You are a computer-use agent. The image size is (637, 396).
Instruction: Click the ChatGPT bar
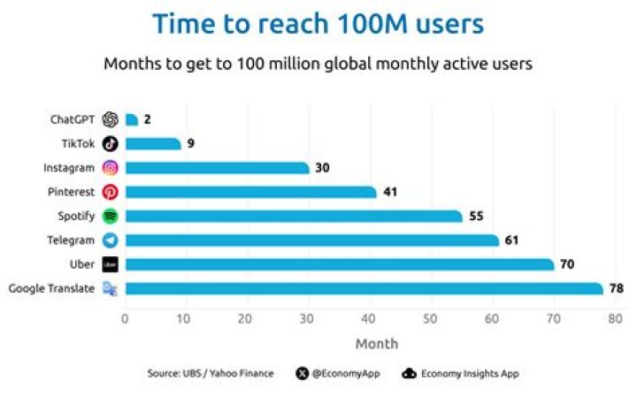tap(132, 120)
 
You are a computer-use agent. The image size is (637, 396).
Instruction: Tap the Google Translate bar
tap(364, 288)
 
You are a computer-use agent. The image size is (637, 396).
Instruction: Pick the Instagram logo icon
tap(111, 168)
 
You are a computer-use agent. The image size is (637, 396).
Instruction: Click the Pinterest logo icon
tap(111, 192)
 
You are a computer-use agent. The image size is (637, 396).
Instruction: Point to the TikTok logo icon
tap(111, 144)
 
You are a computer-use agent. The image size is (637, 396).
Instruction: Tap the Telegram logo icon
tap(111, 240)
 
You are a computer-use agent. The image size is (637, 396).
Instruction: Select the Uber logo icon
tap(111, 264)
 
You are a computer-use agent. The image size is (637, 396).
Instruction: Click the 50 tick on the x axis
tap(431, 319)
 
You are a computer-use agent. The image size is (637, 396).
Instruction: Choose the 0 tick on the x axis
tap(125, 319)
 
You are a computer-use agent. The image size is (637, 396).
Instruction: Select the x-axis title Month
tap(377, 344)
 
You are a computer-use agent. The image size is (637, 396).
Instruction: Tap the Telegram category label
tap(72, 240)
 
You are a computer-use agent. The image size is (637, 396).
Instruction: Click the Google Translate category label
tap(51, 288)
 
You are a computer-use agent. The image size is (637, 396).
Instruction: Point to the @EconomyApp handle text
tap(345, 374)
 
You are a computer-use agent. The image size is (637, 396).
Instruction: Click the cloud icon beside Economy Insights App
tap(409, 374)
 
